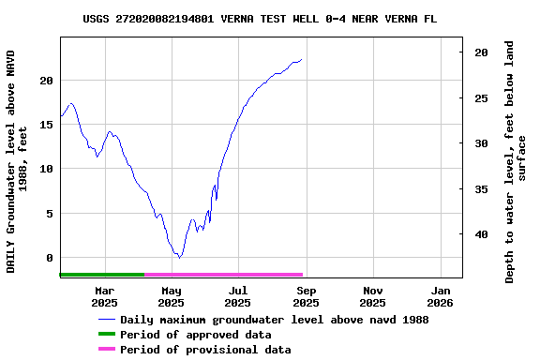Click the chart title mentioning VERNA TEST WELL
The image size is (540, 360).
(x=259, y=19)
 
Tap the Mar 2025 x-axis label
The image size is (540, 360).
(x=104, y=296)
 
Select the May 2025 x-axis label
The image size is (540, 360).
(x=171, y=296)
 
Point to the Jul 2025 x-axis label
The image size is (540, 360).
(x=238, y=296)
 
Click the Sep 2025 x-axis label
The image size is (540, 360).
(x=306, y=296)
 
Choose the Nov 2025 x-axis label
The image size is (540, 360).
(x=372, y=296)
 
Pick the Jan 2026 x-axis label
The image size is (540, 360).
(x=440, y=296)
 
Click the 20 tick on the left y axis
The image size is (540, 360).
(x=47, y=81)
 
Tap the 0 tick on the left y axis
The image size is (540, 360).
(x=51, y=258)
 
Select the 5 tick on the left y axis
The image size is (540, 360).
(x=51, y=214)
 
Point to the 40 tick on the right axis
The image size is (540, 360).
(x=481, y=234)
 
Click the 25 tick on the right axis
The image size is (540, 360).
(x=481, y=98)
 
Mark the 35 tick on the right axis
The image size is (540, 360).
(x=481, y=189)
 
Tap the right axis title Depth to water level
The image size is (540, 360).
(x=516, y=161)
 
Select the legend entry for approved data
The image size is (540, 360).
(x=196, y=335)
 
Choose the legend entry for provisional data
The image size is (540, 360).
(x=205, y=350)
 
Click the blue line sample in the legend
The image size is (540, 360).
(x=106, y=320)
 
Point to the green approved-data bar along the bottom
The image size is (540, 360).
(x=101, y=275)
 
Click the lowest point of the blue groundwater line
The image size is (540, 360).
(x=178, y=257)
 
